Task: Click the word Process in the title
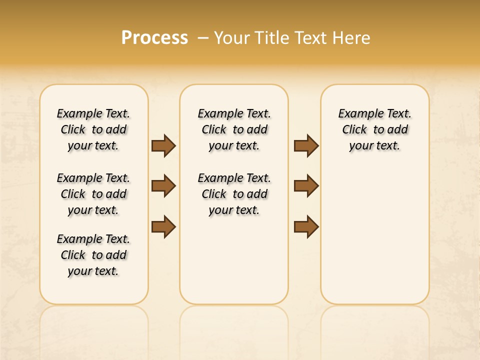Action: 154,38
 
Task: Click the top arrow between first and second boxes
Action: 163,146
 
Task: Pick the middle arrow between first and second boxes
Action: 163,186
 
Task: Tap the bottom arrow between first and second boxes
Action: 163,227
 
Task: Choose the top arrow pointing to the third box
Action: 306,146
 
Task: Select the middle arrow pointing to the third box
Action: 306,186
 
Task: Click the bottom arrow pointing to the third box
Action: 306,227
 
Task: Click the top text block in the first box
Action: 93,129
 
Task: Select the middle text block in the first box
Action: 93,194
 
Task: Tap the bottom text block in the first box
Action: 93,255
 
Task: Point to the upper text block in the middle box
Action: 234,129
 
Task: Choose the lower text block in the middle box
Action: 234,194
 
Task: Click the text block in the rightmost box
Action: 375,129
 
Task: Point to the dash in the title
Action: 203,38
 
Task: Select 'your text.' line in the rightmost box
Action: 374,145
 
